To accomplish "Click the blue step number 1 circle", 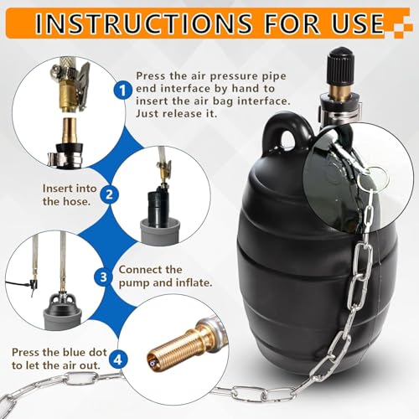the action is [x=122, y=90].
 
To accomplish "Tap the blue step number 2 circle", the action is [x=109, y=194].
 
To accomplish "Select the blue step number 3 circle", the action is [x=103, y=277].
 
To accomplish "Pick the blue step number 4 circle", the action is [x=118, y=360].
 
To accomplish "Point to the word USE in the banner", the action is [x=359, y=23].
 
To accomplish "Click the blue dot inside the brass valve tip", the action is [x=152, y=362].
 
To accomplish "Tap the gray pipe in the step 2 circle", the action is [x=160, y=231].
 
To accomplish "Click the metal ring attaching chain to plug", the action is [x=375, y=178].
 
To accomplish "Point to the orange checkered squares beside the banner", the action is [x=401, y=28].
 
